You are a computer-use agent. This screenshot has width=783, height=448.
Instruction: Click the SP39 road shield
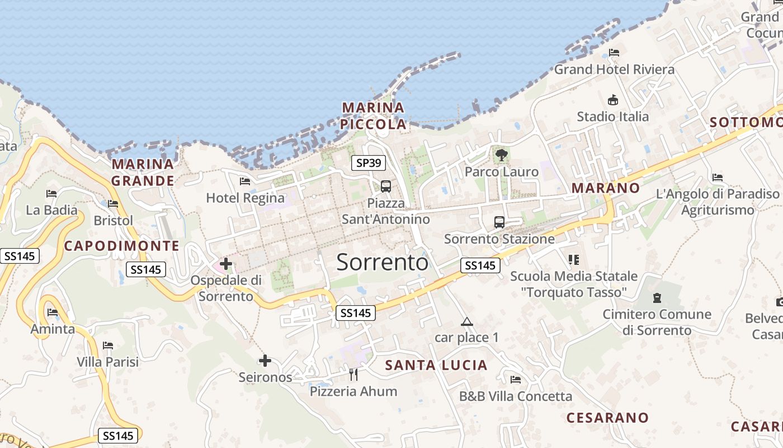(369, 163)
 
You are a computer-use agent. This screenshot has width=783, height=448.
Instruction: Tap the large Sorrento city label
(383, 262)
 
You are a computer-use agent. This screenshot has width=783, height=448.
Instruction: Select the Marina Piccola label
(374, 116)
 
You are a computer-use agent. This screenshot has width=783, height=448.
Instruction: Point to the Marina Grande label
(143, 172)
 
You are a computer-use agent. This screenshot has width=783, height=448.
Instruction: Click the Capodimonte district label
(121, 246)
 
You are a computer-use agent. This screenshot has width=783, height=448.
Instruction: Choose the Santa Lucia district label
(436, 366)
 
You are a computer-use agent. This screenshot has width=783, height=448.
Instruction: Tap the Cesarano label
(607, 418)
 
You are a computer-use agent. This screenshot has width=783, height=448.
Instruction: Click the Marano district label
(606, 188)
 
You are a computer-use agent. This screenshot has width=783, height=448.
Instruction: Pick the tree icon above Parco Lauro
(501, 155)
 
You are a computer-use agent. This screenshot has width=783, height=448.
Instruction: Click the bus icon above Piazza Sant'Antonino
(385, 186)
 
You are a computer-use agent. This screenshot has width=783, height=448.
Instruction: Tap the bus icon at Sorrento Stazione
(499, 222)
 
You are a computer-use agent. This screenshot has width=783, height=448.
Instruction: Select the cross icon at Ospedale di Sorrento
(226, 263)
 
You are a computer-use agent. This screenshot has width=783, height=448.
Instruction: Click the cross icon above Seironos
(265, 361)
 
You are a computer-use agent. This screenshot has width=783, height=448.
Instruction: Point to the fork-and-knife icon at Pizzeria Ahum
(353, 374)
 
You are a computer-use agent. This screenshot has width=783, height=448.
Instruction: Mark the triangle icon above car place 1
(466, 322)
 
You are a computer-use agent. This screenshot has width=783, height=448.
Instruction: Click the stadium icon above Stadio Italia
(613, 100)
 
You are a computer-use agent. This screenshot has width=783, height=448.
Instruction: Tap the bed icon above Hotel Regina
(244, 181)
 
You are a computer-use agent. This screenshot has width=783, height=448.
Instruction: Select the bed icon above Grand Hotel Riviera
(614, 53)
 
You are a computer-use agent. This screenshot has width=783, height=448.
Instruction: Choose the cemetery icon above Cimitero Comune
(657, 298)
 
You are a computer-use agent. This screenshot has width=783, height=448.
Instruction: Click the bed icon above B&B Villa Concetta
(516, 380)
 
